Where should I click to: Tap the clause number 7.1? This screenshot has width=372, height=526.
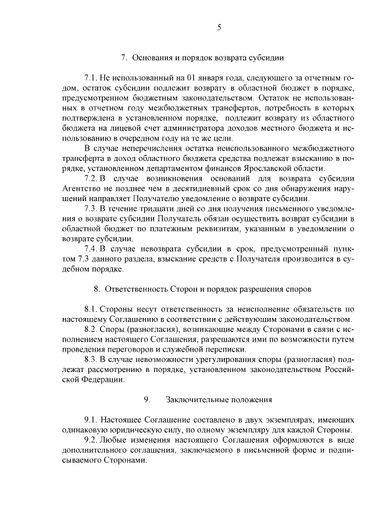click(x=92, y=77)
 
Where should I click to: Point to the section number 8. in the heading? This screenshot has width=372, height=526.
click(x=97, y=288)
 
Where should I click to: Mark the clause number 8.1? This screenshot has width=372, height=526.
click(x=92, y=309)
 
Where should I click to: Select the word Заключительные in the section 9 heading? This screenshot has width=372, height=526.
click(x=196, y=400)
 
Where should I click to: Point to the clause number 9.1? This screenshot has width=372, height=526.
click(x=92, y=420)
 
